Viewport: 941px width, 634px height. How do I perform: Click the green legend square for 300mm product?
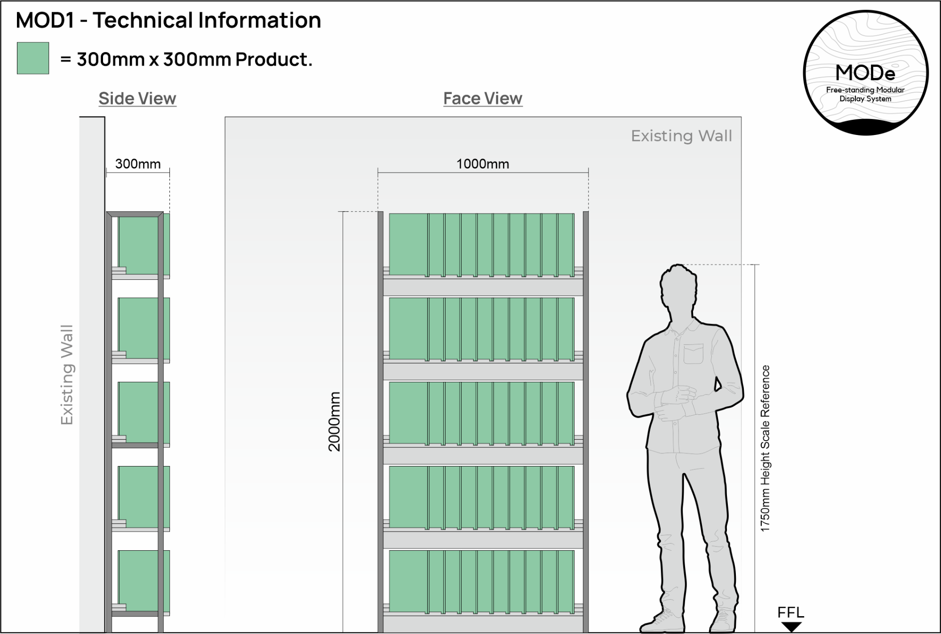[33, 58]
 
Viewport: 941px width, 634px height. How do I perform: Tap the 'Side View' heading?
[137, 98]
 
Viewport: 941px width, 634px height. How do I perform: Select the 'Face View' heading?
[483, 98]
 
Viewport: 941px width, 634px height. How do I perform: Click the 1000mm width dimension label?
[483, 164]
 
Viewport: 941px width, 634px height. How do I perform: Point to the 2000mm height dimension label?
[334, 422]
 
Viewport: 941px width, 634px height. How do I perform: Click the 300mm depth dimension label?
[138, 164]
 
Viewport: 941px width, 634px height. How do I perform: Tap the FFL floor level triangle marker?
[791, 626]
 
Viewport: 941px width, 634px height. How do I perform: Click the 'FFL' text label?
[791, 613]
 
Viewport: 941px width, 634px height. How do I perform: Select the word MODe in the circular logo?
[865, 73]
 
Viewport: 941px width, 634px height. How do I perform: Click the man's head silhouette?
[679, 287]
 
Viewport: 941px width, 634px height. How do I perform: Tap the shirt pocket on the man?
[694, 354]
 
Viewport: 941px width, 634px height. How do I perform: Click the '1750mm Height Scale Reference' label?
[766, 448]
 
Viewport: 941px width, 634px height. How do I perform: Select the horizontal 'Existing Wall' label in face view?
[681, 136]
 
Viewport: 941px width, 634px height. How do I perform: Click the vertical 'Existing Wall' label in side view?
[67, 374]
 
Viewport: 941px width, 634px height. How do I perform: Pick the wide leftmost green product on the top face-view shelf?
[408, 245]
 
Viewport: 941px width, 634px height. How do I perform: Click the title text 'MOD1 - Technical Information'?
[168, 21]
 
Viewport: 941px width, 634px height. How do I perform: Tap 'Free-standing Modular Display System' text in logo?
[865, 94]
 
